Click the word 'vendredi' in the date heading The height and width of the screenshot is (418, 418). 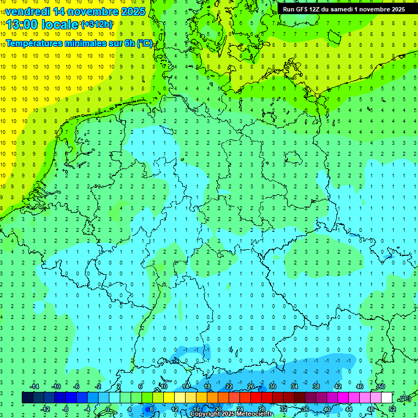click(28, 11)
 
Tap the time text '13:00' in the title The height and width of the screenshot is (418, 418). click(24, 24)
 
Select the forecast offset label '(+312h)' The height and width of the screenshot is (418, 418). click(96, 24)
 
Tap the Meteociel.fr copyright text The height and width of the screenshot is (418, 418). click(231, 414)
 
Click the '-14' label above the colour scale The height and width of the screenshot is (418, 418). click(34, 386)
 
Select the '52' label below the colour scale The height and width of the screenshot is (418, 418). click(392, 409)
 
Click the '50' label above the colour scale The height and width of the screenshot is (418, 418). click(381, 386)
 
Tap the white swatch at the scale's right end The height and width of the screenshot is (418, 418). click(386, 398)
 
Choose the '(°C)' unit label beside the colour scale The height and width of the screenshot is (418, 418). click(405, 398)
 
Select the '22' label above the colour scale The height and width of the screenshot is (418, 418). click(229, 386)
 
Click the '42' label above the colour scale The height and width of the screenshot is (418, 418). click(337, 386)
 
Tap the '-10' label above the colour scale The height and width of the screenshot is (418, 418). click(56, 386)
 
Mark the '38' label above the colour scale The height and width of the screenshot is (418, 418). click(316, 386)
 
